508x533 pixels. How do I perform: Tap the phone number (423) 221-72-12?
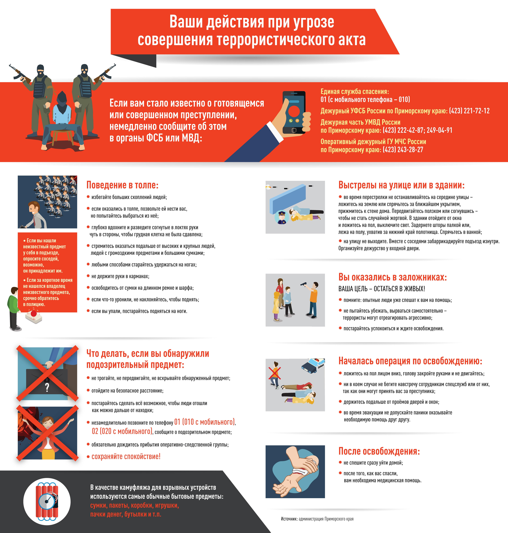click(x=469, y=111)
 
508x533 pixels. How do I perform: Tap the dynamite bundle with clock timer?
click(x=47, y=502)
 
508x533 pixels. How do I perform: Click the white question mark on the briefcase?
click(x=47, y=387)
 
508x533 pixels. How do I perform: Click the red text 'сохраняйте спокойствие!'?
click(x=126, y=456)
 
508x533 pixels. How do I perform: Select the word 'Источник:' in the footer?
click(x=289, y=519)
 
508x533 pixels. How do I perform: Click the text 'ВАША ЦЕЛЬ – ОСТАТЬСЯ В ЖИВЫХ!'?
click(x=382, y=289)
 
